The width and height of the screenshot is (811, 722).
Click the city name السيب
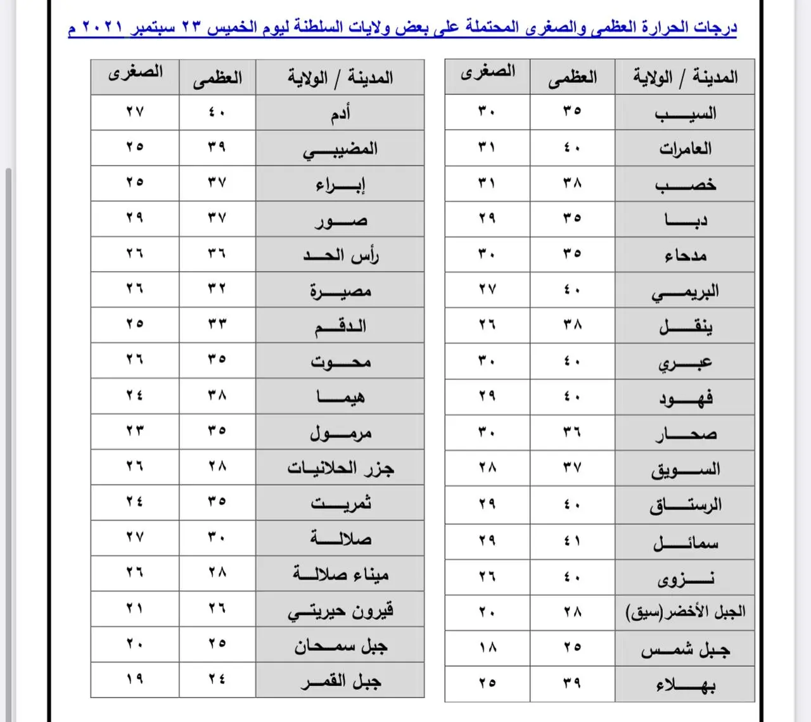coord(685,114)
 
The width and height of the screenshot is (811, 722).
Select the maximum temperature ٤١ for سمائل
coord(572,541)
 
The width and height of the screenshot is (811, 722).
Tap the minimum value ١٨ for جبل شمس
coord(487,648)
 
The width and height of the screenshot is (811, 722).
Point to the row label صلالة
coord(341,538)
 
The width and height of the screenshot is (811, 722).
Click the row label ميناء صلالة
coord(341,574)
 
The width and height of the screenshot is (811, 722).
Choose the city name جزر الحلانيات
coord(341,468)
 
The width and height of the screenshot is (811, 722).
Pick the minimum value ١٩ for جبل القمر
coord(134,679)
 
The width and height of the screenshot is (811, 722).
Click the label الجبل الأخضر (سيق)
coord(685,612)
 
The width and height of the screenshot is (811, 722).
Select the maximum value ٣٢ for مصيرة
coord(217,289)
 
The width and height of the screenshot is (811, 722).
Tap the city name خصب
coord(685,185)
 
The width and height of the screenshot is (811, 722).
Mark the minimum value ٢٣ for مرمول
coord(134,430)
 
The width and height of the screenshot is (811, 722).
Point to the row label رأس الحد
coord(341,255)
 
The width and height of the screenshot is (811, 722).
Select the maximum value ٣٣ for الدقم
coord(217,324)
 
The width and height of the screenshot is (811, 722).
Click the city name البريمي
coord(685,292)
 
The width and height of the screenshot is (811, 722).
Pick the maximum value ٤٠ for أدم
coord(217,112)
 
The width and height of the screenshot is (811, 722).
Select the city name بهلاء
coord(685,685)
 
